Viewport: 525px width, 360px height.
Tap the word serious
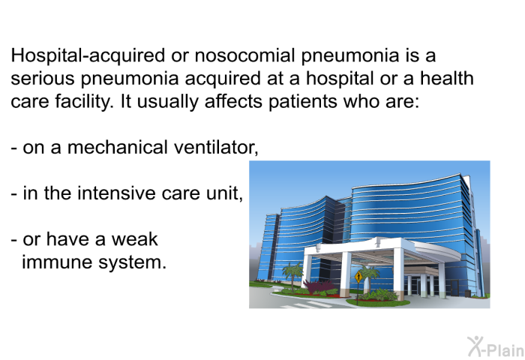pos(43,78)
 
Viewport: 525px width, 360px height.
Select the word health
pos(447,78)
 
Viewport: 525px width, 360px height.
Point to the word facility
pos(83,101)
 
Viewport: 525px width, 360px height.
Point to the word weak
pos(134,239)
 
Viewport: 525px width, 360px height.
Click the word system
pos(132,262)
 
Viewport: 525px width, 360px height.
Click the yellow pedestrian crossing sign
pos(358,277)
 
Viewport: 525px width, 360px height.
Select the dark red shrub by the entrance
pos(316,286)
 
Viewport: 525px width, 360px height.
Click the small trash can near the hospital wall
pos(467,294)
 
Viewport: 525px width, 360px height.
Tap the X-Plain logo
pos(496,347)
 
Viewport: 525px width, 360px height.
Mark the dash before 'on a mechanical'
pos(14,148)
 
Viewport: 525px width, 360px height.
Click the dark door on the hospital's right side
pos(454,288)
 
